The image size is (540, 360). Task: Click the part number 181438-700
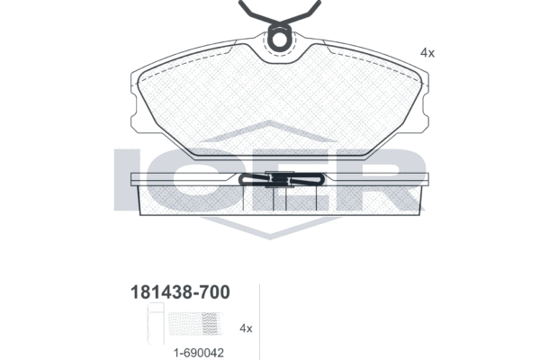click(180, 292)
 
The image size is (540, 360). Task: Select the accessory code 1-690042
click(199, 353)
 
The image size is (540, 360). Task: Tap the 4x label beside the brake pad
click(427, 53)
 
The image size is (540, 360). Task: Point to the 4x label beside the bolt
click(246, 328)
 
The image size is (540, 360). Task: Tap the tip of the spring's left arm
click(241, 2)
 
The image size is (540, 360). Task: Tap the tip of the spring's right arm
click(319, 2)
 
